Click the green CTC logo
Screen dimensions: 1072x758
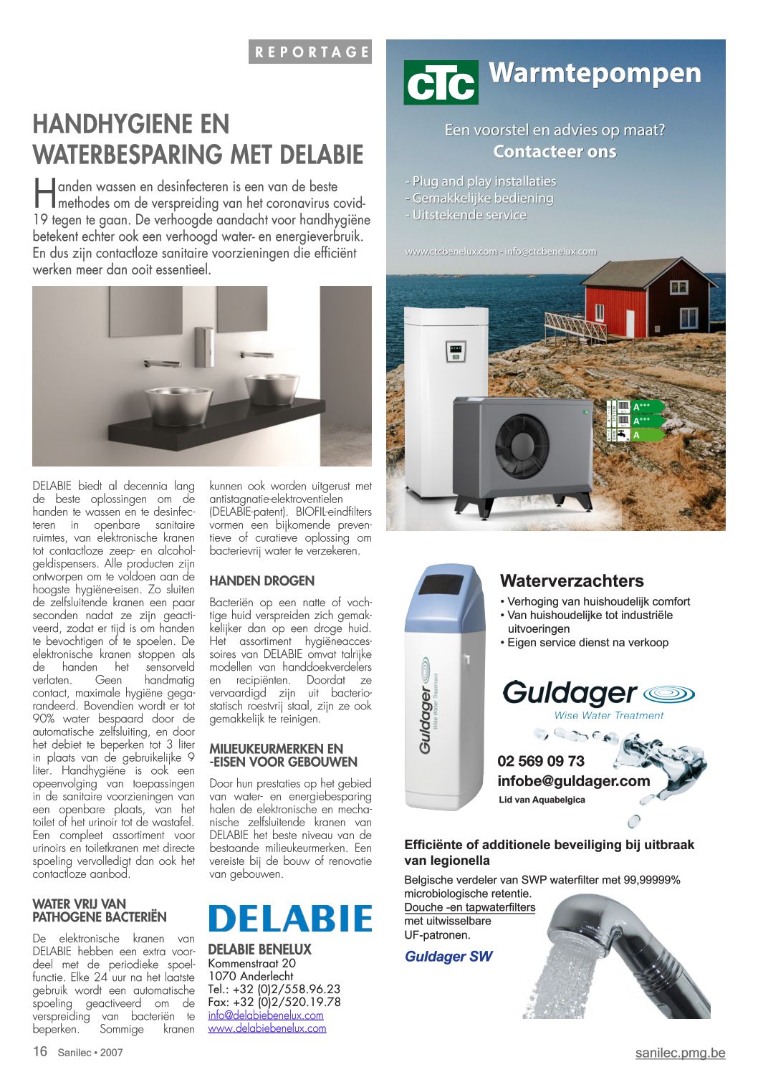pos(441,82)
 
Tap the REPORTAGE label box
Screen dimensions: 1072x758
pos(310,52)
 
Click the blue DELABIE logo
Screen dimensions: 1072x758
pos(290,919)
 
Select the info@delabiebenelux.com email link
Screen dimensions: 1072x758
pos(266,1015)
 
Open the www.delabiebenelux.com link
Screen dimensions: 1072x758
pos(267,1028)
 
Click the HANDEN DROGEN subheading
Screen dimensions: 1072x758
pos(262,581)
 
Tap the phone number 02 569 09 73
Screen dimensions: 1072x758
pos(541,761)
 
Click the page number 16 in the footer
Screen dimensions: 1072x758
pos(40,1051)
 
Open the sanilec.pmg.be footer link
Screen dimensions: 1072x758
pos(680,1053)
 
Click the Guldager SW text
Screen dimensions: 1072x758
pos(448,957)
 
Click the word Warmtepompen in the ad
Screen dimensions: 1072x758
pos(595,73)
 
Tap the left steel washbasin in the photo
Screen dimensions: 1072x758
pos(178,404)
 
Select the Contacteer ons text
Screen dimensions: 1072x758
pos(555,152)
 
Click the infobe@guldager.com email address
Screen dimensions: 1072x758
pos(573,781)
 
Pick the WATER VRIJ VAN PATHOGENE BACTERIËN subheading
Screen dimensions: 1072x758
pos(100,911)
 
